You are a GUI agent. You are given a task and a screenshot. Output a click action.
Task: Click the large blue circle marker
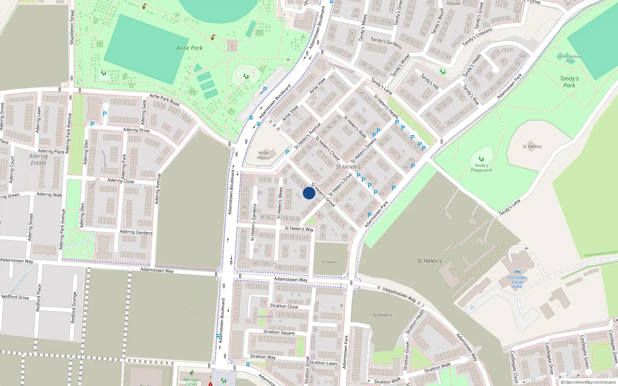309,193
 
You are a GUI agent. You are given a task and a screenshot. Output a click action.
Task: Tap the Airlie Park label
189,48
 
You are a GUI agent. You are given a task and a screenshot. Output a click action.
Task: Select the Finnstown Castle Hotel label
517,282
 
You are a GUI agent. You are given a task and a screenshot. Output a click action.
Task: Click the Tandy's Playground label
481,168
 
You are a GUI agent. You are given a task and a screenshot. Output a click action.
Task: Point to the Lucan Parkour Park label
570,59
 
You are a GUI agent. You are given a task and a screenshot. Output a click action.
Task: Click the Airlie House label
263,155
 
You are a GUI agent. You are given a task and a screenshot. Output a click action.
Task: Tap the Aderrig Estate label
38,159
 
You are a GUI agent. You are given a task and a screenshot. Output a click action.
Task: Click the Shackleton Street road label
72,27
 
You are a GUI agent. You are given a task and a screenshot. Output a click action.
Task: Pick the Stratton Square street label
279,332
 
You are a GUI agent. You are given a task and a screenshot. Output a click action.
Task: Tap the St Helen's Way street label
299,229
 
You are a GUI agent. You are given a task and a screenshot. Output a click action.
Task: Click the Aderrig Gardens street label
136,232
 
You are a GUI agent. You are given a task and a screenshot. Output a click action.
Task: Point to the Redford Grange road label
73,307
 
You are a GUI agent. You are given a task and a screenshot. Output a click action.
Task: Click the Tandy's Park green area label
569,82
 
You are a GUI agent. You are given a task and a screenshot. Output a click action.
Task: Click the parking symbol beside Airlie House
287,152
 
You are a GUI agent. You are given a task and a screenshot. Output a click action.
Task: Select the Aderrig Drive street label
136,130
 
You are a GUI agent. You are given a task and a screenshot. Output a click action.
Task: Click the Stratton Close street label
284,306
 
